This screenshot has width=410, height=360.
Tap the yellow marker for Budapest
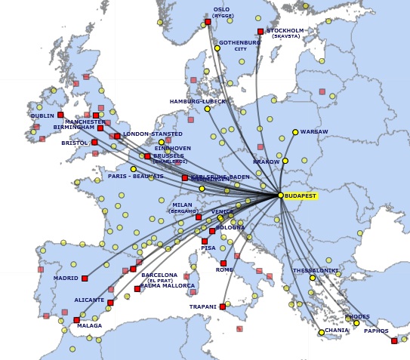tap(281, 195)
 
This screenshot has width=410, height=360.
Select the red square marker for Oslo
tap(208, 22)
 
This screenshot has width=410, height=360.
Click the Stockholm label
tap(285, 31)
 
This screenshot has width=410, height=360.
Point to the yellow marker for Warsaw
tap(295, 131)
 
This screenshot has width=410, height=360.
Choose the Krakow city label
tap(267, 162)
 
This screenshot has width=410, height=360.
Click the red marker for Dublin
tap(60, 115)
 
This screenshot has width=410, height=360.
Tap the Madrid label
tap(66, 278)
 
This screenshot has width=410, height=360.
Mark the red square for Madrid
tap(85, 278)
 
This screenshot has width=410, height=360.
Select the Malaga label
tap(89, 326)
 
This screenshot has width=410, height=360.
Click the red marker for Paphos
tap(394, 341)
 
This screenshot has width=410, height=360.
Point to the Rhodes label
tap(358, 317)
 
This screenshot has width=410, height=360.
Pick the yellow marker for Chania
tap(322, 332)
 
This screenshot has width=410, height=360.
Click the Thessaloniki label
tap(316, 270)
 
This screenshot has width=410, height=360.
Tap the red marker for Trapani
tap(223, 306)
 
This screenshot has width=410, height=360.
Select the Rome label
tap(224, 269)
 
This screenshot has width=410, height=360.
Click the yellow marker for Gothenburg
tap(217, 48)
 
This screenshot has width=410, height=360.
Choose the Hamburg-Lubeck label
tap(198, 101)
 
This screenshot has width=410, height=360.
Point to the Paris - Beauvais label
tap(136, 177)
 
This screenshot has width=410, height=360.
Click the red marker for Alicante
tap(110, 303)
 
